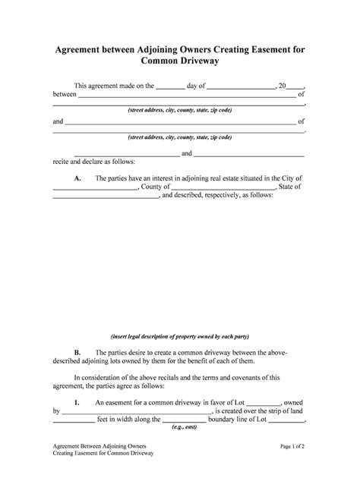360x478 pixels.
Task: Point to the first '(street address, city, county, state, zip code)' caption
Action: tap(180, 111)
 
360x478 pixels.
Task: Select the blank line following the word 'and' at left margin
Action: tap(180, 122)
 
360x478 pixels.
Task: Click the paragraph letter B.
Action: tap(77, 353)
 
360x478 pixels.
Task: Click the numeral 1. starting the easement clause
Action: tap(77, 402)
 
